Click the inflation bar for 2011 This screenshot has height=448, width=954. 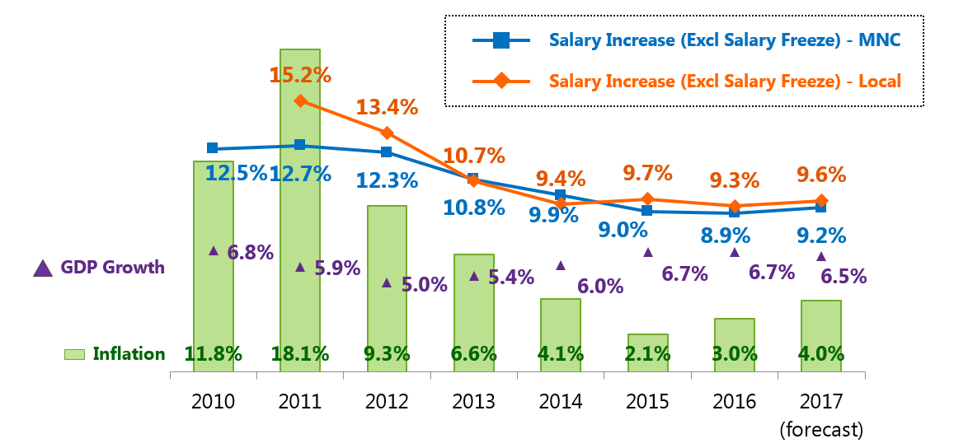pyautogui.click(x=300, y=206)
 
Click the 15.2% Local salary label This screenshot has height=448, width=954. pyautogui.click(x=300, y=75)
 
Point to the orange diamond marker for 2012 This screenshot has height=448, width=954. pyautogui.click(x=388, y=133)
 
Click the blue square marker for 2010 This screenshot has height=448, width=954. pyautogui.click(x=213, y=148)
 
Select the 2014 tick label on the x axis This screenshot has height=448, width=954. pyautogui.click(x=561, y=401)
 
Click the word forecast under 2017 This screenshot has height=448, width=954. pyautogui.click(x=821, y=429)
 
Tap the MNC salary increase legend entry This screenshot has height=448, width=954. pyautogui.click(x=724, y=40)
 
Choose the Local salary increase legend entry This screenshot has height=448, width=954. pyautogui.click(x=724, y=81)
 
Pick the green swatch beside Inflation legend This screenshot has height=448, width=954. pyautogui.click(x=75, y=354)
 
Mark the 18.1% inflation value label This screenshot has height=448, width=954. pyautogui.click(x=300, y=354)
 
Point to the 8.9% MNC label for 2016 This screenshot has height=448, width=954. pyautogui.click(x=726, y=236)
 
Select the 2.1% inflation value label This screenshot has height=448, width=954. pyautogui.click(x=647, y=354)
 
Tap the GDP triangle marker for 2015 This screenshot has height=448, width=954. pyautogui.click(x=648, y=252)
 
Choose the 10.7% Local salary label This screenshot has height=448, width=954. pyautogui.click(x=473, y=156)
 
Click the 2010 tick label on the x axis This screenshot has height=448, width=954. pyautogui.click(x=213, y=401)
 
